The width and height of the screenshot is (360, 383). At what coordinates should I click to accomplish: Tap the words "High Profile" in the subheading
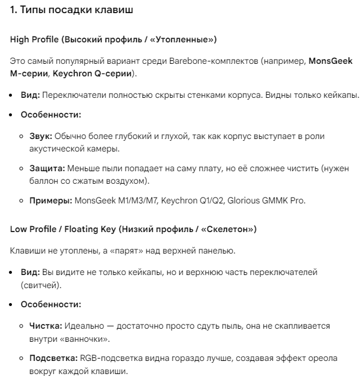tap(33, 39)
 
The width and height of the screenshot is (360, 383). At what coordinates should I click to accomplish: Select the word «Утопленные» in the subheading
tap(186, 39)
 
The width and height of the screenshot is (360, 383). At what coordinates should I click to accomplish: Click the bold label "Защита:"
tap(46, 169)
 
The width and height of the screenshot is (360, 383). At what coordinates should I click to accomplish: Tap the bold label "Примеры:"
tap(50, 200)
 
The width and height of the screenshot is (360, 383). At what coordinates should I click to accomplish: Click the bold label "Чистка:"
tap(45, 327)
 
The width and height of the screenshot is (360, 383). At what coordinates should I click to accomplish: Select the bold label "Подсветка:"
tap(53, 359)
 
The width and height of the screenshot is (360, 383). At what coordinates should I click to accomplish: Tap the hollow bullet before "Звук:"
tap(22, 137)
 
